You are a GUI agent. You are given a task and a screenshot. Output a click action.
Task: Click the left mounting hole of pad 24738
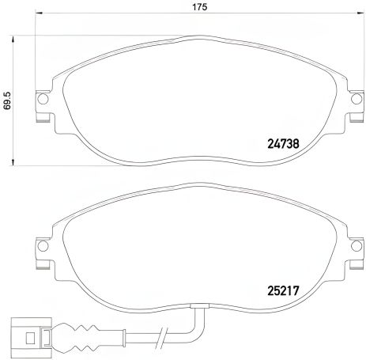point(43,100)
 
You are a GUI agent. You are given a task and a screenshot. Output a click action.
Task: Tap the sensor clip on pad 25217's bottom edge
point(202,306)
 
